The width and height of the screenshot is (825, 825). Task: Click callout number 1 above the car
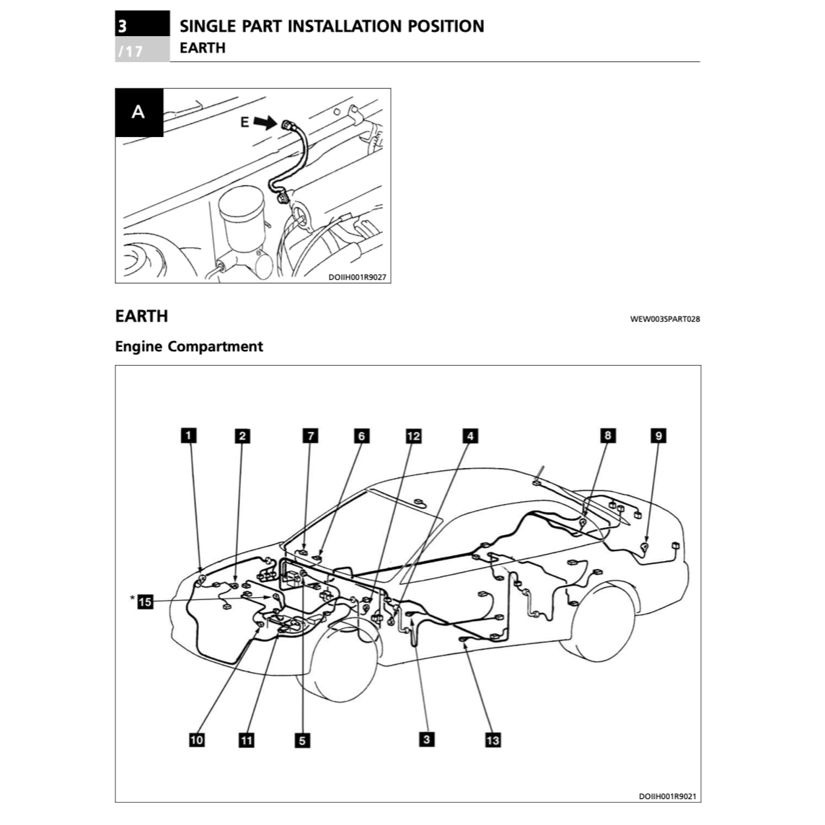(x=188, y=435)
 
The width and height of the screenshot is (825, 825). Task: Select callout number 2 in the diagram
(x=243, y=435)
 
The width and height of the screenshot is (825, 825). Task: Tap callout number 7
(x=310, y=435)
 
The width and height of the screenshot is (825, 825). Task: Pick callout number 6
(x=362, y=435)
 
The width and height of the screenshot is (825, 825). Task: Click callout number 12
(x=413, y=435)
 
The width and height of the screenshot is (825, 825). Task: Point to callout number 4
(x=470, y=435)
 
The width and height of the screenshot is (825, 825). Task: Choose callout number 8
(x=608, y=435)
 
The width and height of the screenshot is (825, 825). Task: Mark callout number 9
(x=658, y=435)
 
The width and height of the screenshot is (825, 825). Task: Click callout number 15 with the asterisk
(x=146, y=601)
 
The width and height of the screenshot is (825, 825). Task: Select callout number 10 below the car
(x=197, y=740)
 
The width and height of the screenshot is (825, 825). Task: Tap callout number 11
(x=247, y=740)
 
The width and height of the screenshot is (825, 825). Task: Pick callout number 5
(x=303, y=740)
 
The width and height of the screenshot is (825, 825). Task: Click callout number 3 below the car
(x=427, y=739)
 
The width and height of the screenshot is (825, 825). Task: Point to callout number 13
(x=493, y=740)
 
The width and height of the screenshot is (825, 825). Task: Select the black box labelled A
(x=138, y=112)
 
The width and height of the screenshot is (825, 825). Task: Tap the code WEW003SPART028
(x=664, y=319)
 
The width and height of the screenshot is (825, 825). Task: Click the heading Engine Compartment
(x=189, y=347)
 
